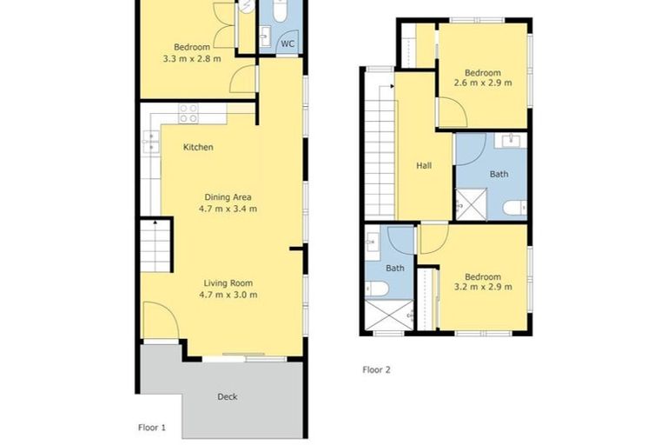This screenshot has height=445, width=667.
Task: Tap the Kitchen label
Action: click(x=197, y=148)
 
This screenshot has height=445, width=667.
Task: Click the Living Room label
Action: click(x=228, y=283)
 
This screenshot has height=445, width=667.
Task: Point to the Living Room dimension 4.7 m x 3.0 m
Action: click(x=229, y=296)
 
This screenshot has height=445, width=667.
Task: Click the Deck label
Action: click(x=227, y=397)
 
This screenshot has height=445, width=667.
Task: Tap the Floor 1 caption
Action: click(x=152, y=428)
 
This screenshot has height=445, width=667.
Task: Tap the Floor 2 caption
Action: click(x=376, y=369)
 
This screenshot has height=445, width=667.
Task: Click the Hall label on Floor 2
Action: click(x=423, y=166)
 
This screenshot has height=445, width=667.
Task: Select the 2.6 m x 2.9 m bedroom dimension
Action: click(x=483, y=84)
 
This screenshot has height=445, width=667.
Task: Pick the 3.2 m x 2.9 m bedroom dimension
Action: click(x=483, y=288)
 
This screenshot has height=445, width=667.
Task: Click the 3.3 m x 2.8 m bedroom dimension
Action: click(x=191, y=59)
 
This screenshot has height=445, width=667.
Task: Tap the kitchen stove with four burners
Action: click(x=188, y=113)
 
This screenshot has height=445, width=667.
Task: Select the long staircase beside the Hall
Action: click(x=379, y=148)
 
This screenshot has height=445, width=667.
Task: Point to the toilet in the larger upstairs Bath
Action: click(x=513, y=208)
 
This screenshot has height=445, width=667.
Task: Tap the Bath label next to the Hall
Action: click(x=499, y=175)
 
